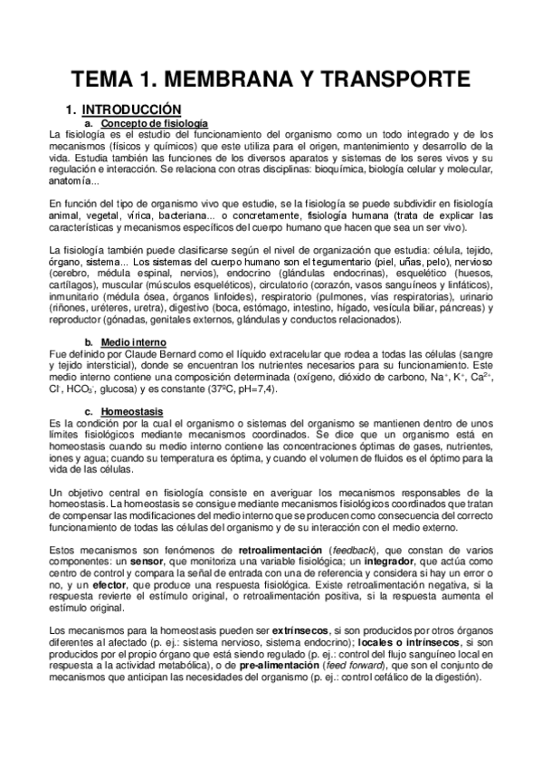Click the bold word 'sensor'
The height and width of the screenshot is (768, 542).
tap(148, 561)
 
